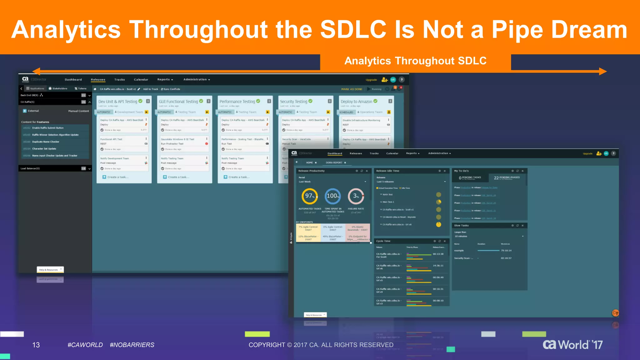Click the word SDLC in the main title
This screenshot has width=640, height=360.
point(353,29)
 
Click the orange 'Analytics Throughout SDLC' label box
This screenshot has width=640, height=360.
point(415,61)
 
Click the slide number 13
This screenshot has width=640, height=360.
point(36,345)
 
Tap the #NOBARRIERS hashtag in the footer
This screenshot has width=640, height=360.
point(132,345)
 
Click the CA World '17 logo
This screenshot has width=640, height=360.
point(572,345)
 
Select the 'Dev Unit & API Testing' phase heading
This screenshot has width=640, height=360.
point(118,102)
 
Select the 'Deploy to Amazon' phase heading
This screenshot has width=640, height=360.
point(356,102)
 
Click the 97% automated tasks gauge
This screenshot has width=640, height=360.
point(309,196)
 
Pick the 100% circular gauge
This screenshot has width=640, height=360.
point(332,196)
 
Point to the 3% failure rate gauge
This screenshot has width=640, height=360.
point(356,196)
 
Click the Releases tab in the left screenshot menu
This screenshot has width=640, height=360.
point(98,80)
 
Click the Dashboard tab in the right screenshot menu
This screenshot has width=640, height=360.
point(335,153)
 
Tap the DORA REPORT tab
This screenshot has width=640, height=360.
point(334,163)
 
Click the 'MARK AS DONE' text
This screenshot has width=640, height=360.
point(352,89)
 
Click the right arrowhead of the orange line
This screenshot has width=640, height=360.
point(603,72)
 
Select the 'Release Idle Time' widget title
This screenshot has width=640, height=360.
point(387,171)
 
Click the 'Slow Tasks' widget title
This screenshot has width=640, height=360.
point(461,226)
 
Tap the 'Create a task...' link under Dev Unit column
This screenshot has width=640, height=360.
point(117,177)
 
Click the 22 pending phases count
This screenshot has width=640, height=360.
point(496,178)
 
